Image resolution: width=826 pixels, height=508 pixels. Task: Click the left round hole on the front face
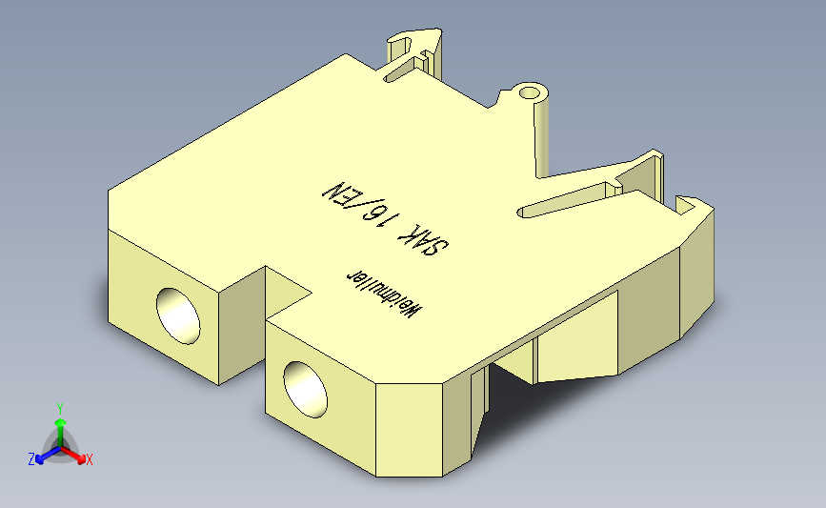tap(179, 313)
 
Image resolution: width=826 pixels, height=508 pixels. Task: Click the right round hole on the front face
tap(304, 387)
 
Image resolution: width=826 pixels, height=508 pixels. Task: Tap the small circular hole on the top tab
tap(529, 93)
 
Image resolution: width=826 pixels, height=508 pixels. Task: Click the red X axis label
tap(90, 459)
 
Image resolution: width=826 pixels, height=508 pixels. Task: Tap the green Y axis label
tap(59, 408)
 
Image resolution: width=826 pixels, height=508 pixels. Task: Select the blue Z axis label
tap(31, 459)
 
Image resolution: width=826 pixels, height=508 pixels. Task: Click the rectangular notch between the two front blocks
tap(272, 291)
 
